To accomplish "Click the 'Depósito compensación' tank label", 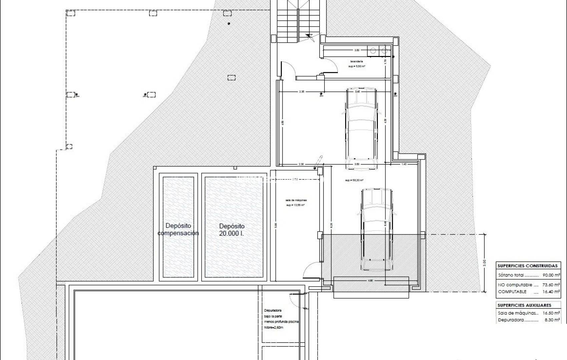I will [178, 229].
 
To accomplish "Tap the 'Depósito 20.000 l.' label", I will [232, 230].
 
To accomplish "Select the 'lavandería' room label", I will [357, 62].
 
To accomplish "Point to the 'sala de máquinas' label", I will [296, 200].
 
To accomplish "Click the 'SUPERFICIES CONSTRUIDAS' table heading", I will [527, 266].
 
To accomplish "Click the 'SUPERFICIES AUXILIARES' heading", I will [524, 305].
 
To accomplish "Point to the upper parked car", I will [361, 128].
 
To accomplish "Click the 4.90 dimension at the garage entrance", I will [371, 281].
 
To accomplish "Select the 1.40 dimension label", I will [404, 164].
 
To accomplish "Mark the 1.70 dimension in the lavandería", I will [385, 61].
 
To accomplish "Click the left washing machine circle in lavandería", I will [373, 51].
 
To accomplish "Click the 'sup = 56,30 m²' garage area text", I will [354, 180].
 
